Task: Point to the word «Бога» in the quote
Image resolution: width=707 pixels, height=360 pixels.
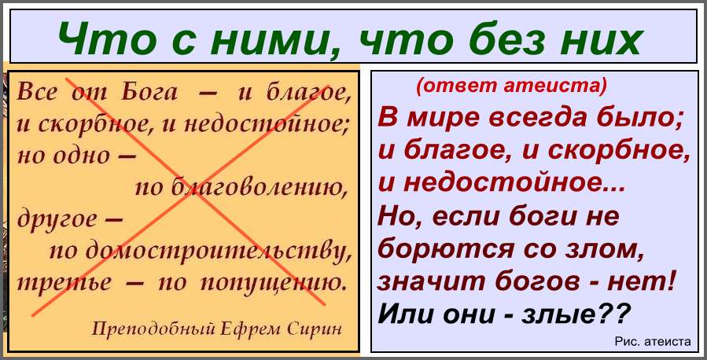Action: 149,94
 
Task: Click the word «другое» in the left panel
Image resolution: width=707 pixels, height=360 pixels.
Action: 57,220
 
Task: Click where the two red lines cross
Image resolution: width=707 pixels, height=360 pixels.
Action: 192,196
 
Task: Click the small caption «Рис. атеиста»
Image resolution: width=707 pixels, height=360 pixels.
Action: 653,341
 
